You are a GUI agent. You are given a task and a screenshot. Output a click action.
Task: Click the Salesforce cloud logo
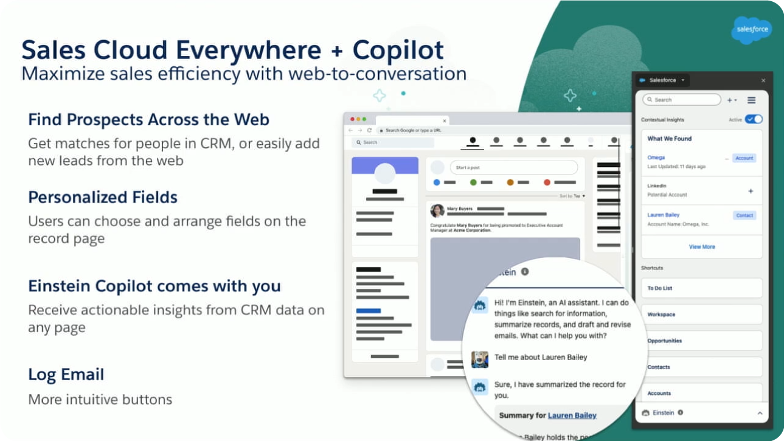click(752, 29)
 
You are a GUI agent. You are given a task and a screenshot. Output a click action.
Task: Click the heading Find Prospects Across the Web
click(148, 120)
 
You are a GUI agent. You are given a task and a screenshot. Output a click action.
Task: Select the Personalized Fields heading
click(103, 198)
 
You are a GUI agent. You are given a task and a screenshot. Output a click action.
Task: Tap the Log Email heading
click(66, 375)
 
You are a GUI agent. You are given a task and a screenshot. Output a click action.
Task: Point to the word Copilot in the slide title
click(398, 50)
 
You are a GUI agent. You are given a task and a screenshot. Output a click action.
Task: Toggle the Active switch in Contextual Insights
click(754, 119)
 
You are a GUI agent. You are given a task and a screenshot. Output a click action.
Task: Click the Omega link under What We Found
click(656, 158)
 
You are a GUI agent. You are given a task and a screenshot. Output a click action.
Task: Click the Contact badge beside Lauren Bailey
click(744, 215)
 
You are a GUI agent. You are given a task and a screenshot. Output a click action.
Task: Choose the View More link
click(702, 247)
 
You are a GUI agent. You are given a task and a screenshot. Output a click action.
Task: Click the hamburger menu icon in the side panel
click(751, 100)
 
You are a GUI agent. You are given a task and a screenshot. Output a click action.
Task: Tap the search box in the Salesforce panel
click(681, 100)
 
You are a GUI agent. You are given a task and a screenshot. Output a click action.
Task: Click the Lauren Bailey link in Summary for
click(572, 415)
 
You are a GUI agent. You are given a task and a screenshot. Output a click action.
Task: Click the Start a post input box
click(513, 167)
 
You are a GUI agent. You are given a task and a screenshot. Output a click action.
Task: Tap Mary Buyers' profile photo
click(437, 210)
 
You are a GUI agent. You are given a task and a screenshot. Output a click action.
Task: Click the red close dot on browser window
click(350, 119)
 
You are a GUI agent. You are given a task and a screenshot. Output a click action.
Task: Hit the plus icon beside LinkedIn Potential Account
click(751, 191)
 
